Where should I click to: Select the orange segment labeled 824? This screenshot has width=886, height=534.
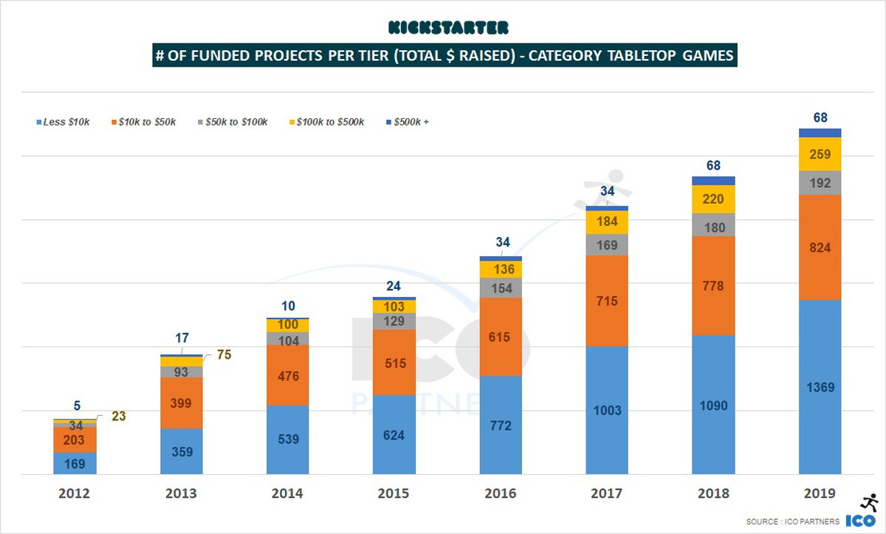820,247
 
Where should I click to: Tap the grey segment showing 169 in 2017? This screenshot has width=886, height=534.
607,244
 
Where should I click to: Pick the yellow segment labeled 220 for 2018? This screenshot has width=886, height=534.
713,199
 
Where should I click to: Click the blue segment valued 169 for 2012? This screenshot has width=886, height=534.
75,463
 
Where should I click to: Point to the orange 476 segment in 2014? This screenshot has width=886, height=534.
287,375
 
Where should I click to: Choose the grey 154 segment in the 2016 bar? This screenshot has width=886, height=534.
501,288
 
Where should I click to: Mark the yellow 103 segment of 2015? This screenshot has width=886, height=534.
394,306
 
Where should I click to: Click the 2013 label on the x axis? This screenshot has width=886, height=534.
181,493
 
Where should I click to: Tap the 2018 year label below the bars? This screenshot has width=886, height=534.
713,493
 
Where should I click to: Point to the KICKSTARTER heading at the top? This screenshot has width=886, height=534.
448,28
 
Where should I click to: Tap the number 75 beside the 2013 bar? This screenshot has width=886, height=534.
224,355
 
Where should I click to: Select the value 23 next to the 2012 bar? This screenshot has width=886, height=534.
118,417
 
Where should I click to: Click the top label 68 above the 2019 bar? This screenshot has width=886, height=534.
820,117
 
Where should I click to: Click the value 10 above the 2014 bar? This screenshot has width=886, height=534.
287,306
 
